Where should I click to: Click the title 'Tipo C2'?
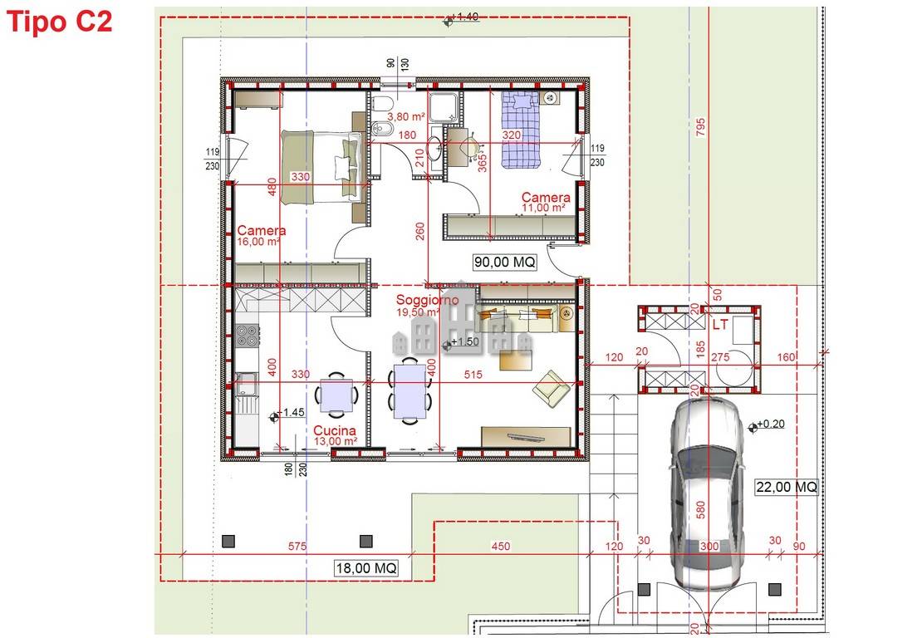59,22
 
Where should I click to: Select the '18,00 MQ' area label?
365,568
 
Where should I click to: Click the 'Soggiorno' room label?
427,300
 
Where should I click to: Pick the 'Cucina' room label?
335,431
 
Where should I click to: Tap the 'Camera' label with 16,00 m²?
261,231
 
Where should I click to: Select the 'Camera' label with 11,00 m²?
545,198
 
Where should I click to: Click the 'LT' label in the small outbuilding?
719,325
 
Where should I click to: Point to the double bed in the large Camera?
321,166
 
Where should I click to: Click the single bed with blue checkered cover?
520,129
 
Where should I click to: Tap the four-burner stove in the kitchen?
247,336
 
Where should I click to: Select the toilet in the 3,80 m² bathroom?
382,106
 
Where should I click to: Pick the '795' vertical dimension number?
700,126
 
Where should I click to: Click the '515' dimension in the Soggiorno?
473,375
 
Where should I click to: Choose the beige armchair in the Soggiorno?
551,387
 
